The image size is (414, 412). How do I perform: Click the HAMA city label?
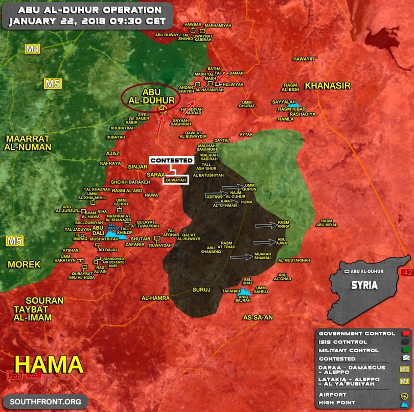(49, 365)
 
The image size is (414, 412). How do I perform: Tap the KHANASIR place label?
(328, 86)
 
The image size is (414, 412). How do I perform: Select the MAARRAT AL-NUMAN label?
(29, 142)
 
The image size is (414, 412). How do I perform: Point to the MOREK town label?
(24, 264)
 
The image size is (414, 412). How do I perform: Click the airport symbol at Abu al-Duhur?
(163, 109)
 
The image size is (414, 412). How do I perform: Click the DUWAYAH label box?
(176, 179)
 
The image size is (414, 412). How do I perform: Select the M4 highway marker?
(33, 49)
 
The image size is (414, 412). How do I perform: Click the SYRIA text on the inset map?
(364, 285)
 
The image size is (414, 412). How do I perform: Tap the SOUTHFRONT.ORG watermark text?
(45, 401)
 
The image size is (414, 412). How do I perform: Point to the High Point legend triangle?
(405, 403)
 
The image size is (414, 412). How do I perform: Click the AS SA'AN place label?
(258, 318)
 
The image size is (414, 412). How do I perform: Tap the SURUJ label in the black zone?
(201, 289)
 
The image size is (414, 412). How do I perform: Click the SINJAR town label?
(137, 166)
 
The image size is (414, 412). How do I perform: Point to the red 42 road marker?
(407, 272)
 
